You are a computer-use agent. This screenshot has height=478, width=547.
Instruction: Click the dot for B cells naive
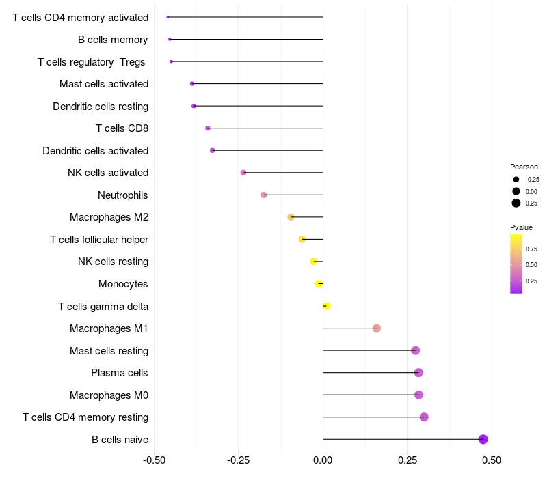tap(483, 439)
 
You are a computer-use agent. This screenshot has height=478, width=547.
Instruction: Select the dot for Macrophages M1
tap(377, 328)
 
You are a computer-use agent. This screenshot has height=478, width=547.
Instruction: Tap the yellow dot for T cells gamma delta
tap(326, 306)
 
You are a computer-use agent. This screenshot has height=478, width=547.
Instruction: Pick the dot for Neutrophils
tap(264, 195)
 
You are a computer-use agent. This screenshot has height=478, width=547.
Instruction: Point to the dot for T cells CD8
tap(208, 128)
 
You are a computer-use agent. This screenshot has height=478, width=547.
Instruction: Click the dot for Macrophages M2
tap(291, 217)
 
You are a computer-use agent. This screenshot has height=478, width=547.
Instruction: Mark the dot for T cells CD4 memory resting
tap(424, 417)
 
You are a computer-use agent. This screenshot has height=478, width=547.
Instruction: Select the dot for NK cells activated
tap(243, 173)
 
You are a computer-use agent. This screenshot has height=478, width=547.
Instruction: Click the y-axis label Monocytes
tap(123, 284)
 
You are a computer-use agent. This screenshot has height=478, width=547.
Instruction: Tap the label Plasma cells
tap(120, 373)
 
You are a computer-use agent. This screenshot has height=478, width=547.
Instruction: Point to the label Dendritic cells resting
tap(101, 107)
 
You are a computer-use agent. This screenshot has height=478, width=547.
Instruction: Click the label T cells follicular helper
tap(99, 240)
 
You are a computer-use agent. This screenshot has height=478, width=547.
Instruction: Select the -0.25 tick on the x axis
tap(238, 461)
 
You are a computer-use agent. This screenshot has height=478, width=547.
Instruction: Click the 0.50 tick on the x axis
tap(491, 461)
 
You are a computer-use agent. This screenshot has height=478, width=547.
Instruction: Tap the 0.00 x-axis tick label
tap(323, 461)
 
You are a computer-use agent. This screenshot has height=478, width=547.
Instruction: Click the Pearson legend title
tap(524, 167)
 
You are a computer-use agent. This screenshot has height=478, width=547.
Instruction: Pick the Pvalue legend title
tap(521, 227)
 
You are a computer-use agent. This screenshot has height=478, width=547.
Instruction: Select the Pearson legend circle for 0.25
tap(516, 203)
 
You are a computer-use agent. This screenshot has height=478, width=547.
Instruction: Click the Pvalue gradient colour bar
tap(516, 264)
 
